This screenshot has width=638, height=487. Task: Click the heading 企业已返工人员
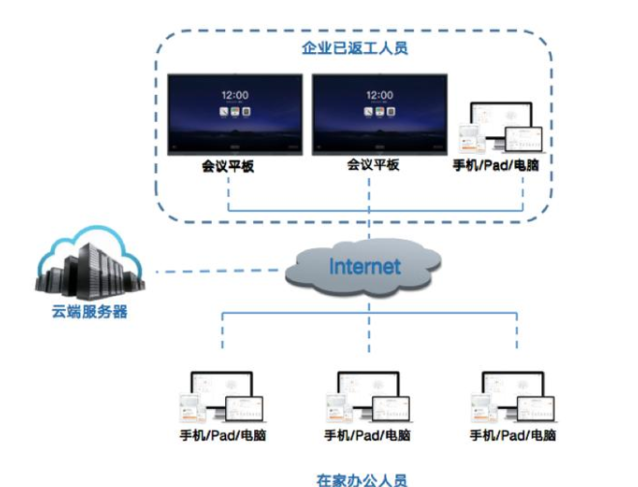355,46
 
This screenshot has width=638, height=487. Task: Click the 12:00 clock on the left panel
235,96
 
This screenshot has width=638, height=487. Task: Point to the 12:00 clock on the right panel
379,96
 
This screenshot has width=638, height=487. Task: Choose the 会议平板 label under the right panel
373,165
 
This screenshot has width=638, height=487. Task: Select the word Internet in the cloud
363,267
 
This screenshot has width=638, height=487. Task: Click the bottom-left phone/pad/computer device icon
221,398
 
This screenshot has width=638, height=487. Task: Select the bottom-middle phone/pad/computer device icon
366,398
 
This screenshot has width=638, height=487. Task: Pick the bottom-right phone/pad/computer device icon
509,398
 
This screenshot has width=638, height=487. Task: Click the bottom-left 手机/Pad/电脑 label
221,436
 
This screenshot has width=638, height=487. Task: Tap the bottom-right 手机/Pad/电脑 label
511,436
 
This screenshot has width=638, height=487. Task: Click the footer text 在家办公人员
362,478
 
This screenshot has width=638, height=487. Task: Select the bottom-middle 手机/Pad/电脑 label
366,436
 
